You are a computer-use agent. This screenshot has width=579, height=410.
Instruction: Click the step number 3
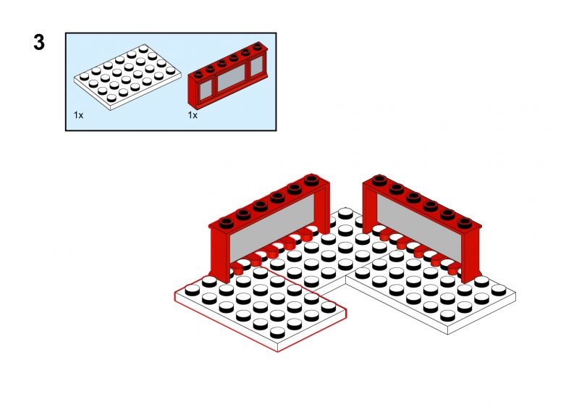pyautogui.click(x=39, y=42)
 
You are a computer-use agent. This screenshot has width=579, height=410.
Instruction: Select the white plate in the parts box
pyautogui.click(x=127, y=77)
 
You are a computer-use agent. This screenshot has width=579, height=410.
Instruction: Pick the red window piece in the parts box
pyautogui.click(x=228, y=75)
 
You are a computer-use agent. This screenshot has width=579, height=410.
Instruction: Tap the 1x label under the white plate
pyautogui.click(x=78, y=115)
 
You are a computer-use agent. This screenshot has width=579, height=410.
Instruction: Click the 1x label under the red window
pyautogui.click(x=193, y=115)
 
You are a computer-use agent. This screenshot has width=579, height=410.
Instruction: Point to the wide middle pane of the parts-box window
pyautogui.click(x=232, y=77)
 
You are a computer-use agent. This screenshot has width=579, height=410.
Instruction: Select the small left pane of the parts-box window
pyautogui.click(x=206, y=90)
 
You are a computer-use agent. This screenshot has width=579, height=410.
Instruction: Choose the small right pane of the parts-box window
pyautogui.click(x=257, y=65)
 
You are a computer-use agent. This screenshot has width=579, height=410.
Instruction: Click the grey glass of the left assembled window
pyautogui.click(x=273, y=227)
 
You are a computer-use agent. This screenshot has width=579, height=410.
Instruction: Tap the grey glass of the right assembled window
pyautogui.click(x=419, y=227)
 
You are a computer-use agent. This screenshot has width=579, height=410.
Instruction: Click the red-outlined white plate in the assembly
pyautogui.click(x=261, y=303)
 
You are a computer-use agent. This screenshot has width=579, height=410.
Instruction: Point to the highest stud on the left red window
pyautogui.click(x=312, y=180)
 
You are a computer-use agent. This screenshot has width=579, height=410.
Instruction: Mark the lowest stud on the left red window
pyautogui.click(x=226, y=223)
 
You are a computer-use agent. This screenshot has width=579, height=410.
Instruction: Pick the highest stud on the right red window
pyautogui.click(x=379, y=180)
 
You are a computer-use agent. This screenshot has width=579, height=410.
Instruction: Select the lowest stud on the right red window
pyautogui.click(x=465, y=223)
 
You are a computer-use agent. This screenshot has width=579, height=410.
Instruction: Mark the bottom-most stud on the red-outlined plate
pyautogui.click(x=278, y=332)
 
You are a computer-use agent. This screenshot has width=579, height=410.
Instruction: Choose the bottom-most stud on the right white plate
pyautogui.click(x=448, y=315)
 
